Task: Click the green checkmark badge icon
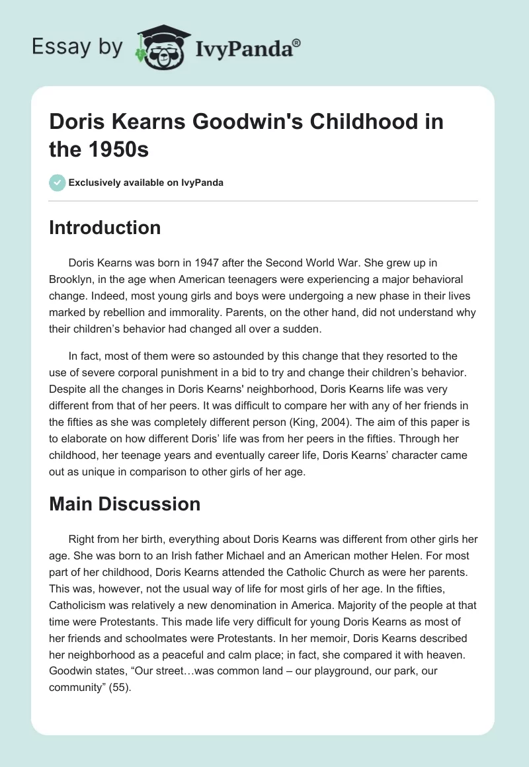[58, 182]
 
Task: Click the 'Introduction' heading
[105, 227]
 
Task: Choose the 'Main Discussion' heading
[125, 504]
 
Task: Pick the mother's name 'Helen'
[380, 556]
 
